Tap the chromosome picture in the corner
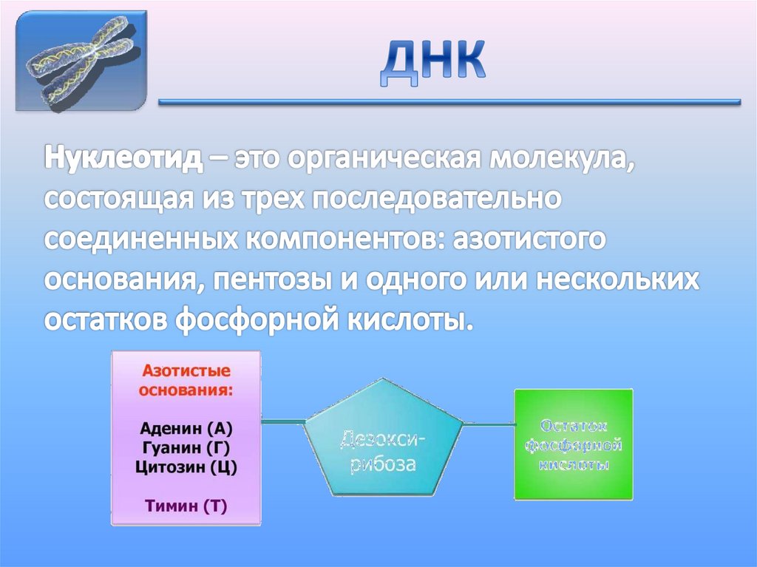point(82,60)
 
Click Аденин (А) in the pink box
point(186,430)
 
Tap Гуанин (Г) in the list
point(186,448)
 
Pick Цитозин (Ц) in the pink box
point(186,466)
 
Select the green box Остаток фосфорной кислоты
point(574,444)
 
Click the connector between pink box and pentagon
point(284,422)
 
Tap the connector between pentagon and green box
point(489,424)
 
